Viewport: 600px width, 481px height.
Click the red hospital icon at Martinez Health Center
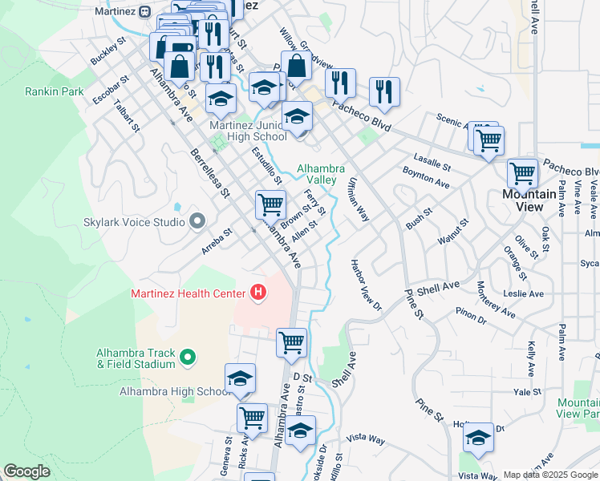pos(257,293)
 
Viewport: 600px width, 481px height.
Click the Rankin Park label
pos(55,91)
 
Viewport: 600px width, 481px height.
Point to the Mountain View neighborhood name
pos(529,200)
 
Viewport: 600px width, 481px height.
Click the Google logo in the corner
pos(26,471)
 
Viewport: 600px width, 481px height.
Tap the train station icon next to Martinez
pos(145,11)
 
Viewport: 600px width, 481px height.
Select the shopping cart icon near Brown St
pos(271,204)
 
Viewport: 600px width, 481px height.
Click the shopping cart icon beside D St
pos(291,342)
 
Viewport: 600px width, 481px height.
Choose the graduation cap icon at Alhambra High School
pos(240,379)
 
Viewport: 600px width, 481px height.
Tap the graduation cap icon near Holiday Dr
pos(478,438)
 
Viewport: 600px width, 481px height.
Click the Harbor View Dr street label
pos(366,285)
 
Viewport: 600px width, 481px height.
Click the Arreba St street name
pos(217,240)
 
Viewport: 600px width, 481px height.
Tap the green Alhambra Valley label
pos(321,174)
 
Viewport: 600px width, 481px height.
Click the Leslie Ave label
pos(524,294)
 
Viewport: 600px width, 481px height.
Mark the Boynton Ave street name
pos(425,177)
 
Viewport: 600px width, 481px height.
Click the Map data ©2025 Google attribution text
pos(549,475)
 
